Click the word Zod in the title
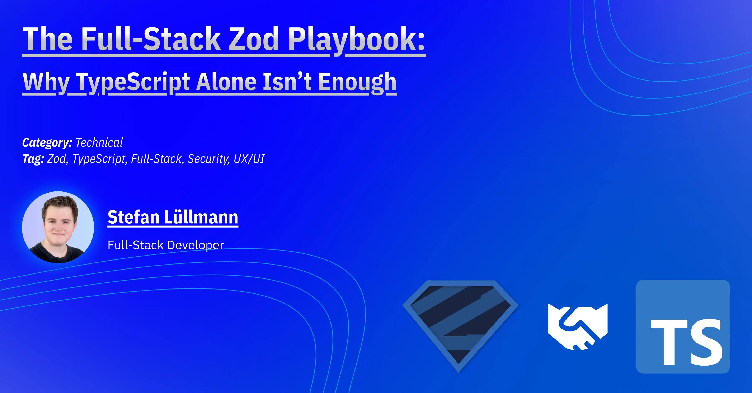point(253,39)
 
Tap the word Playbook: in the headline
point(356,39)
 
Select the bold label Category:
point(47,142)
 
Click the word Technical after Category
point(99,142)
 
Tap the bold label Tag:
point(33,159)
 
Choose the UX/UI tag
point(249,159)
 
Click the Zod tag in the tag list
point(57,159)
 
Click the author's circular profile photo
point(58,227)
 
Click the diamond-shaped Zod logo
point(460,324)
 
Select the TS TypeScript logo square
point(683,326)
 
